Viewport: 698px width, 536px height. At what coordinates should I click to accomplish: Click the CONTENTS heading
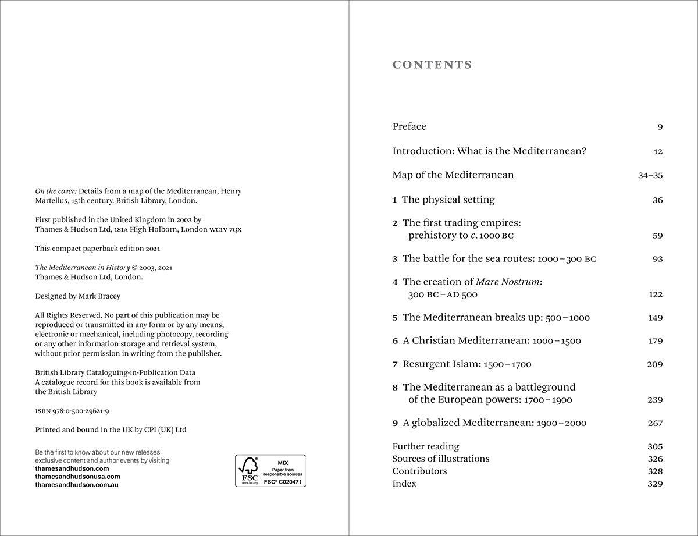[432, 65]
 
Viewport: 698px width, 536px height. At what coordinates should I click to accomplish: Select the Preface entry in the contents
[409, 126]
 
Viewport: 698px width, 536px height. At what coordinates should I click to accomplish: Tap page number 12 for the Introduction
[658, 151]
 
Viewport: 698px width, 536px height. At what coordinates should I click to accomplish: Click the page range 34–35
[650, 175]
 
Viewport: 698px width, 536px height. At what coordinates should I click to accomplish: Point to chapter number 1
[394, 200]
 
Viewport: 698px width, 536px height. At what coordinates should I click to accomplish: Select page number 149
[655, 318]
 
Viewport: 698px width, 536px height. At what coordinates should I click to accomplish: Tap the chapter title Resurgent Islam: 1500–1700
[466, 364]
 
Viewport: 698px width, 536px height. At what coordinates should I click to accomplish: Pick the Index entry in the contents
[404, 484]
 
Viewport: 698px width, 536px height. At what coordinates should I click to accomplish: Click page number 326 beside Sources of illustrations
[655, 459]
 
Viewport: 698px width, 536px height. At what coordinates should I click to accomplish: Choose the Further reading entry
[425, 446]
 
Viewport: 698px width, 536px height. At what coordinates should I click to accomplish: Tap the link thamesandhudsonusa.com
[77, 476]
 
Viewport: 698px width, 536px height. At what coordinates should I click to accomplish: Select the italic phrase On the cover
[56, 191]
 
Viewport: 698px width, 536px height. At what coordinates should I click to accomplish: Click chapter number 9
[395, 423]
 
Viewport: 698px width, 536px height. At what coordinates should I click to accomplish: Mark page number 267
[655, 423]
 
